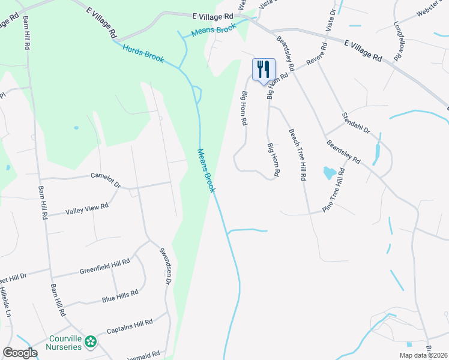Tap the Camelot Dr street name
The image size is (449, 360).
[106, 177]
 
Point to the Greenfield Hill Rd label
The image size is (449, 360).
[104, 266]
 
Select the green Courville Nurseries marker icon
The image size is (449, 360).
[91, 342]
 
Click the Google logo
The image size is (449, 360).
[20, 353]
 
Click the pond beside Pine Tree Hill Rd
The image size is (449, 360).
[330, 173]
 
